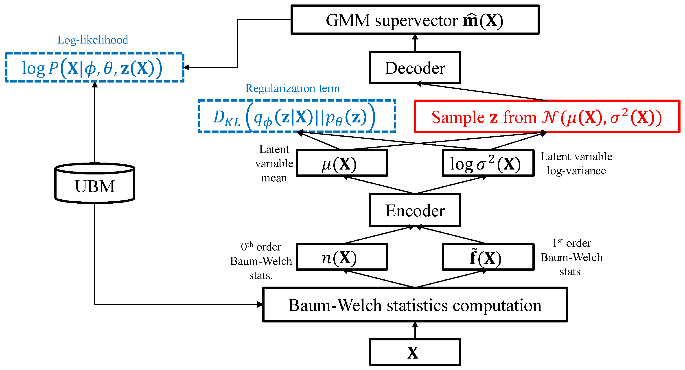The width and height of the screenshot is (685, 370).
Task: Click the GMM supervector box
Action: [x=415, y=20]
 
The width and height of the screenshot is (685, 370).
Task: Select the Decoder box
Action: [x=415, y=68]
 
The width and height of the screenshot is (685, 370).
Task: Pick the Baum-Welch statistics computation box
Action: [x=415, y=305]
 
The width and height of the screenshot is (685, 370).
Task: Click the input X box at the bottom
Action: [x=415, y=352]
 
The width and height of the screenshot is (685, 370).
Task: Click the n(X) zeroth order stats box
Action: [x=342, y=257]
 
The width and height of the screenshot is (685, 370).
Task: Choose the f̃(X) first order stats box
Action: [x=488, y=257]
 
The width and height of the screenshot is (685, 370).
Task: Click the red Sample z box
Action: [x=547, y=116]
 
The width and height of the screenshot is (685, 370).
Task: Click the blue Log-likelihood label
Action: [x=92, y=40]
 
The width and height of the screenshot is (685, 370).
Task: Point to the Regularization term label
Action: [x=293, y=88]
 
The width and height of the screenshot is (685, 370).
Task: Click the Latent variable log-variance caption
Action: [x=576, y=163]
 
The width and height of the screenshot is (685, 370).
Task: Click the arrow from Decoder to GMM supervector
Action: [x=415, y=43]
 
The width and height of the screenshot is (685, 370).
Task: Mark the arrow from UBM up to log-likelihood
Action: [x=95, y=122]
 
